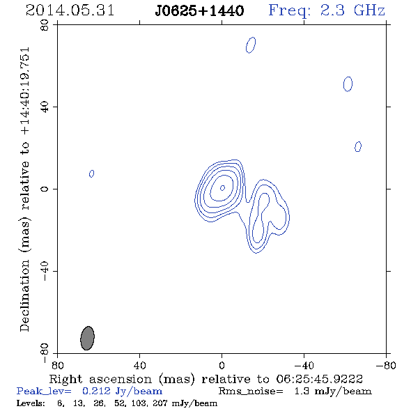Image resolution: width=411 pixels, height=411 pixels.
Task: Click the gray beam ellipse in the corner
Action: [87, 338]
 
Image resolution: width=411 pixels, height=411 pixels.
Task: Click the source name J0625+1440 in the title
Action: [199, 11]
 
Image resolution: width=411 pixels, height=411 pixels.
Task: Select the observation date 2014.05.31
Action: [70, 10]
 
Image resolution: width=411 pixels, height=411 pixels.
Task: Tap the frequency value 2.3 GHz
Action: [352, 10]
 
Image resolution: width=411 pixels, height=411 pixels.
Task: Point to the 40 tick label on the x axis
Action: [139, 365]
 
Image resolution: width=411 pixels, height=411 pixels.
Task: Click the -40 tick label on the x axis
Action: [304, 365]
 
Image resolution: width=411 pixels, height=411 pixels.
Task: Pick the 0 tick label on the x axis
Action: [222, 365]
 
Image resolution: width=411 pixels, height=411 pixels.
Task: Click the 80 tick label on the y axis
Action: [45, 25]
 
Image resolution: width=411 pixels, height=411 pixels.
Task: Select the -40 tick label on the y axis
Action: [45, 271]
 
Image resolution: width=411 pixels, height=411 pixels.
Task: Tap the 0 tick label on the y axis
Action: [45, 189]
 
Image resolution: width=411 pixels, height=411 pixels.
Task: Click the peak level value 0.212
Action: [96, 391]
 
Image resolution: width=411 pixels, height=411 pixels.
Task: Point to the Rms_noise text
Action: [251, 391]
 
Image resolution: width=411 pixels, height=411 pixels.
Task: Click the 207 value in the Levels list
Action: [160, 403]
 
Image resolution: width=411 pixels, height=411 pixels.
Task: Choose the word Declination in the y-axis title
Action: [24, 295]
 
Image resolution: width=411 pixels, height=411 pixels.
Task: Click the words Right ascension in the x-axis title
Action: [100, 379]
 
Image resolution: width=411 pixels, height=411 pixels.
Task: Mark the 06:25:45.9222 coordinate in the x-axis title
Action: [320, 379]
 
